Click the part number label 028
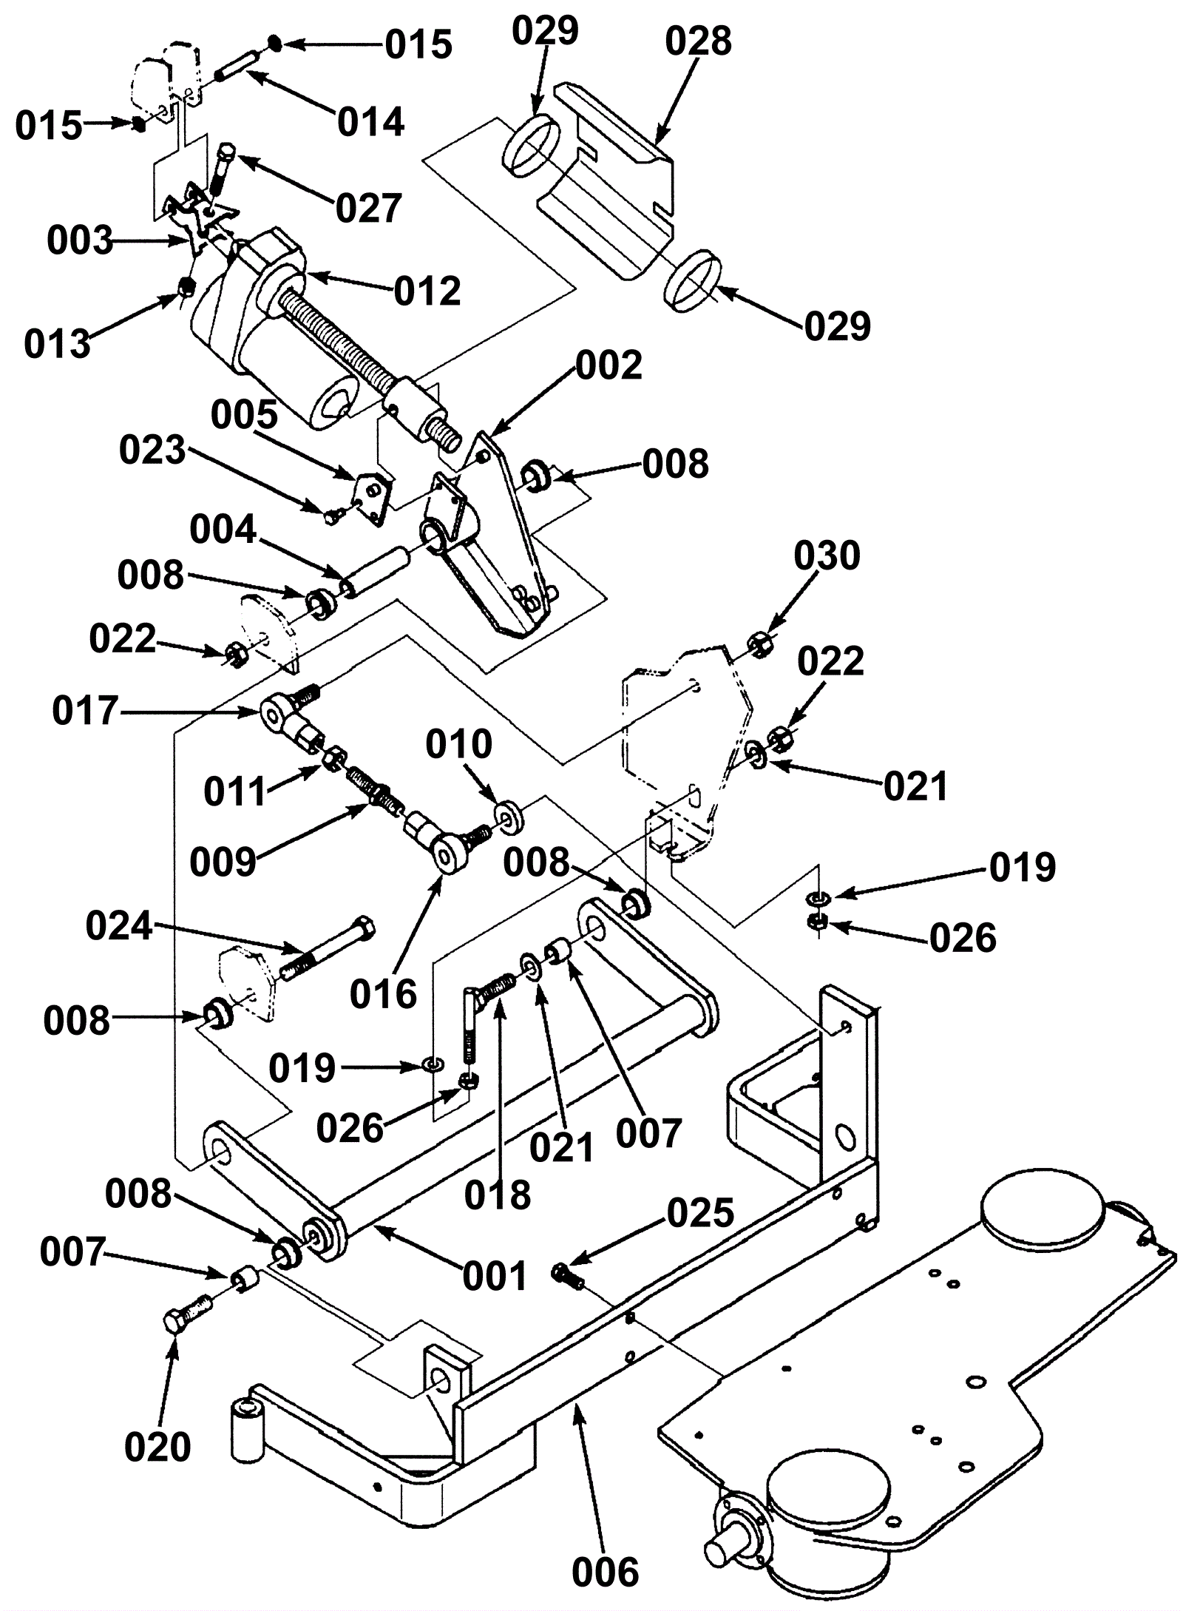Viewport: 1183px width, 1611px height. click(x=697, y=41)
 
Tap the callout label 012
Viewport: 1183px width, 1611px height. click(x=427, y=291)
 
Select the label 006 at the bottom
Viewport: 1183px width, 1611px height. click(x=605, y=1572)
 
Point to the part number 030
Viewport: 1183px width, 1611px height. click(x=827, y=555)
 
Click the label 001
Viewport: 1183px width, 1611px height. click(x=495, y=1277)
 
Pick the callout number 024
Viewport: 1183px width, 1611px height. click(x=118, y=926)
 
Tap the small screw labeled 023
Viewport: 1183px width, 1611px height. click(x=331, y=516)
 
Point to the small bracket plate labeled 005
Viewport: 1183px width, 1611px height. click(x=373, y=495)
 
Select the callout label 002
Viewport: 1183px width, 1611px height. click(x=609, y=365)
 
